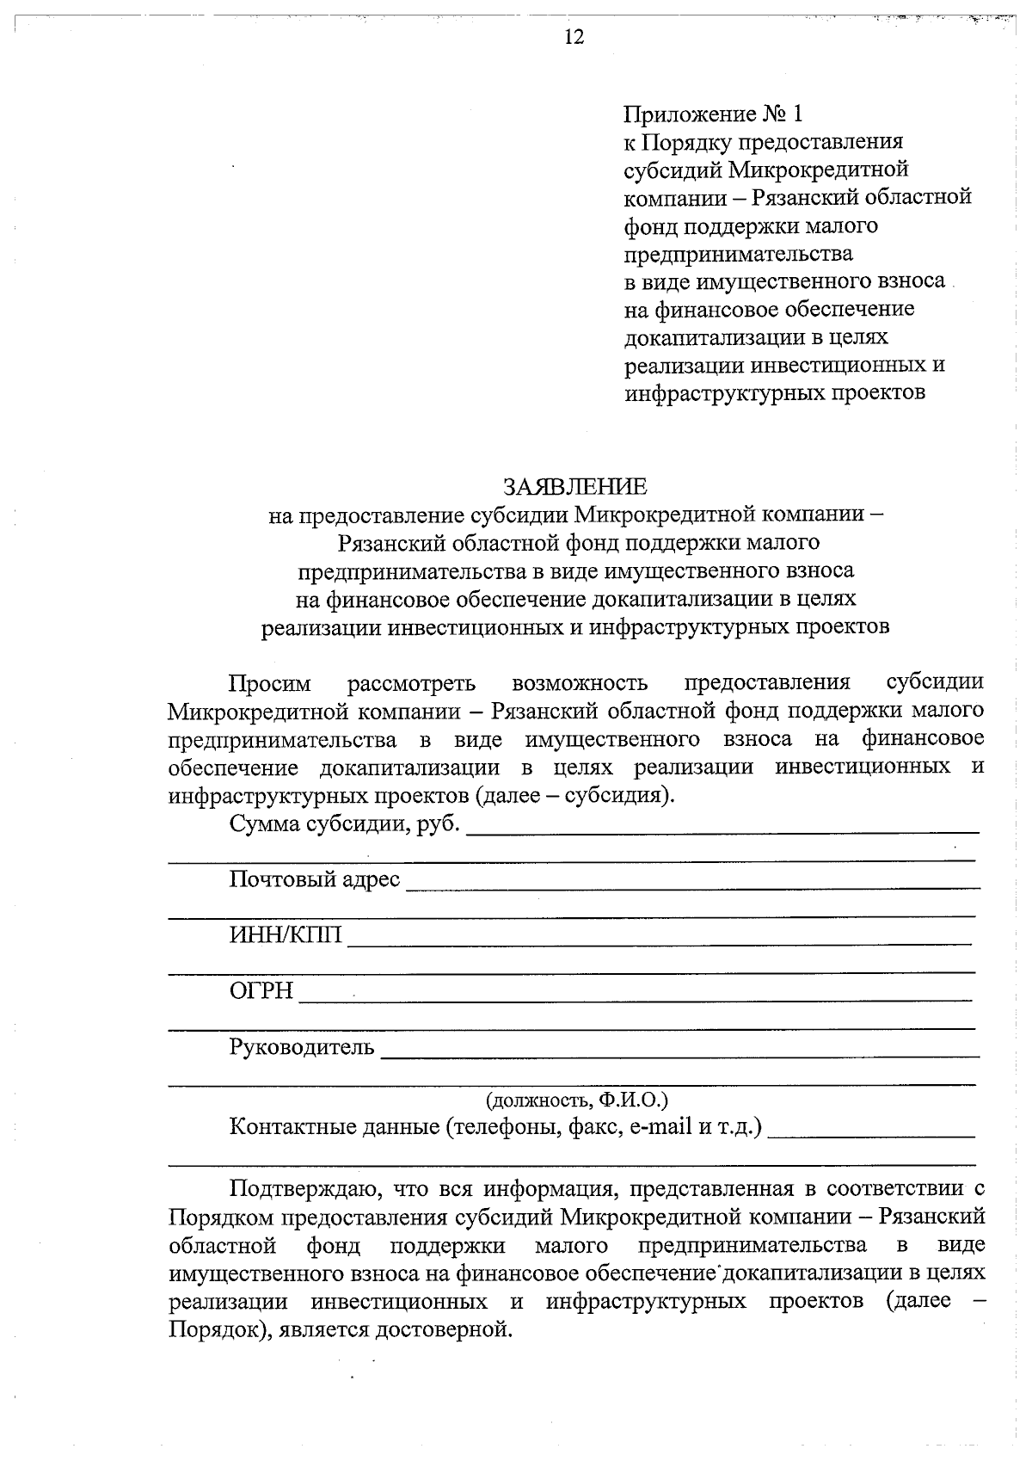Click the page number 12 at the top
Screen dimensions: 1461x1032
tap(574, 37)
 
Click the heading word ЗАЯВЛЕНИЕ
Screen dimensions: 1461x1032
tap(574, 487)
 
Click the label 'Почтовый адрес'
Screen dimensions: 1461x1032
tap(315, 879)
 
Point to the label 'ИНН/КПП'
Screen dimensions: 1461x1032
tap(286, 935)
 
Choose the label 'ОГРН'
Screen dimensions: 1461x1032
tap(261, 991)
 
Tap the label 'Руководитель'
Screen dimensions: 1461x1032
tap(302, 1047)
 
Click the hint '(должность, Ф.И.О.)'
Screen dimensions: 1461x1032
tap(577, 1100)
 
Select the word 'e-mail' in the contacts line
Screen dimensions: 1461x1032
tap(660, 1126)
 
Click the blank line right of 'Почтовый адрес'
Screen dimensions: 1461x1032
tap(692, 886)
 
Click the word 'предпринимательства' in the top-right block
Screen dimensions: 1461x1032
tap(738, 254)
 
